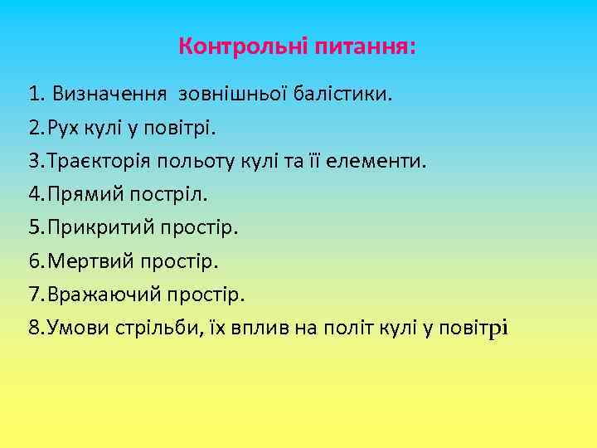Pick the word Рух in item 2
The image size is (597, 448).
(x=65, y=128)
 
